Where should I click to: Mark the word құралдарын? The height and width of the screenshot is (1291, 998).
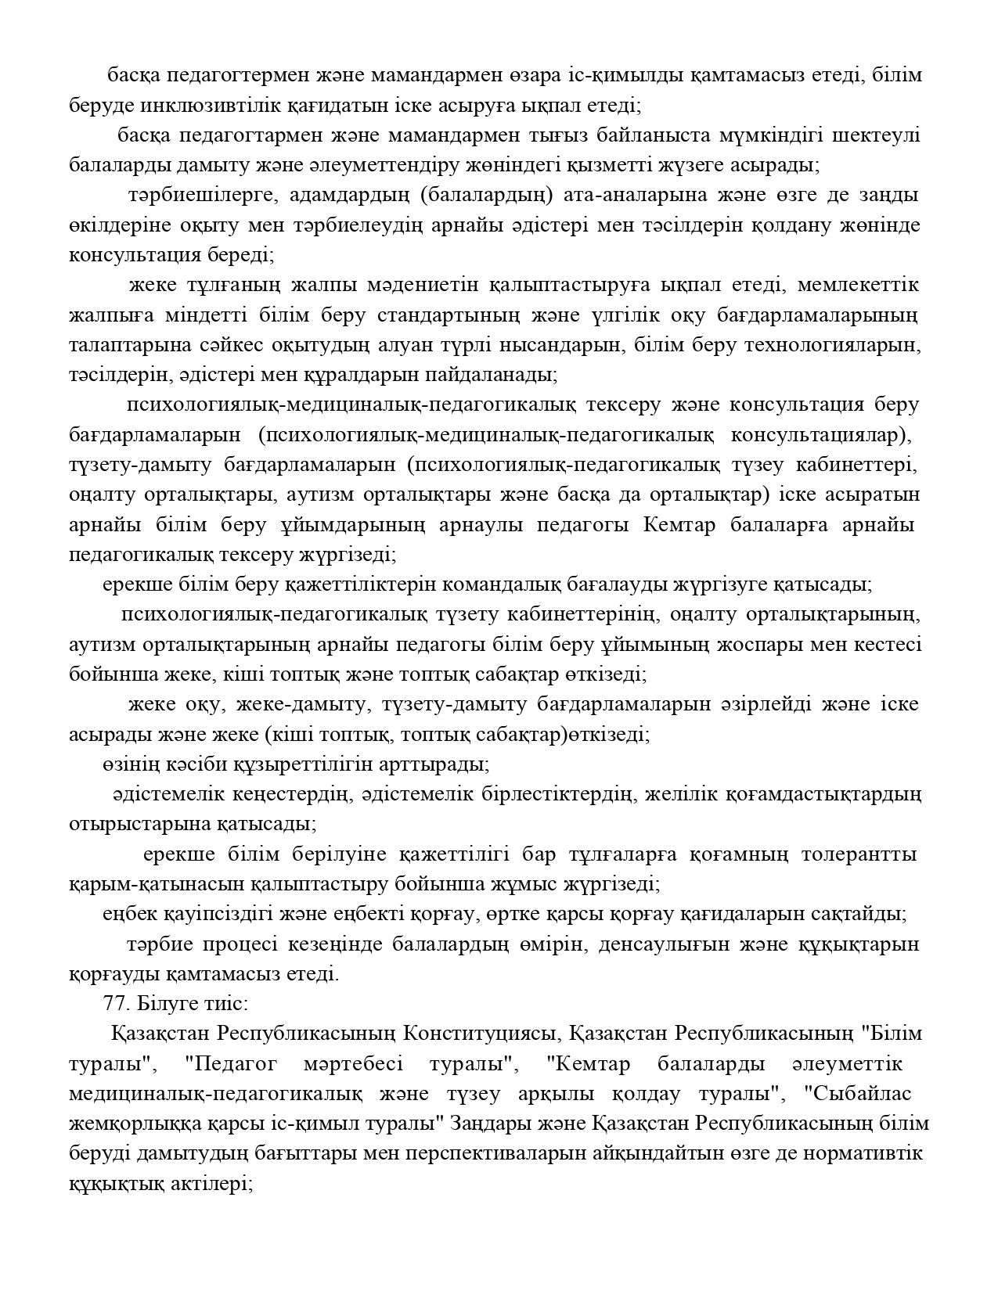[x=367, y=375]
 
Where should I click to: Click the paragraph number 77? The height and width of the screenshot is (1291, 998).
[x=117, y=1003]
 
